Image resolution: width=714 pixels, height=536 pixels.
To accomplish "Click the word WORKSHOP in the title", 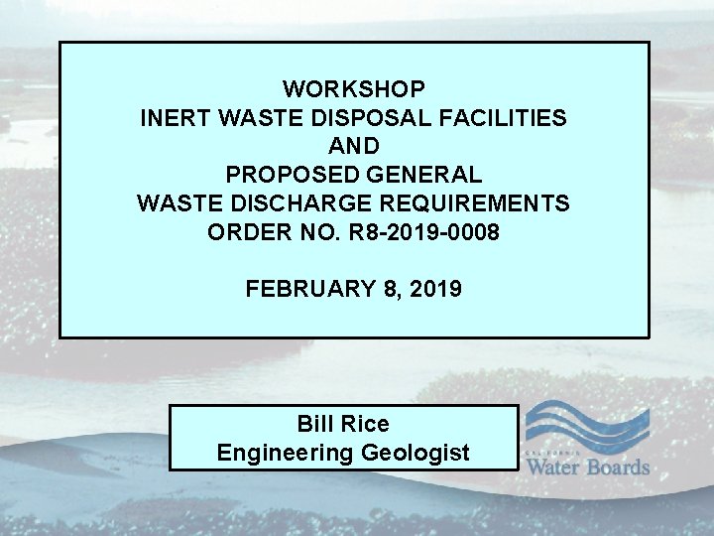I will (x=354, y=88).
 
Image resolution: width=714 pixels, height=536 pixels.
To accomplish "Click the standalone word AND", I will (x=354, y=147).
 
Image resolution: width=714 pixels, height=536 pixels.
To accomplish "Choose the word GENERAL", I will (x=421, y=176).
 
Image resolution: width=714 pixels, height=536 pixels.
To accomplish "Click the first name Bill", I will (x=316, y=424).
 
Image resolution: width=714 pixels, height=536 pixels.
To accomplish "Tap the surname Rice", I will (x=366, y=424).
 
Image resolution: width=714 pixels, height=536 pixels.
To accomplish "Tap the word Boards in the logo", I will (x=618, y=467).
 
